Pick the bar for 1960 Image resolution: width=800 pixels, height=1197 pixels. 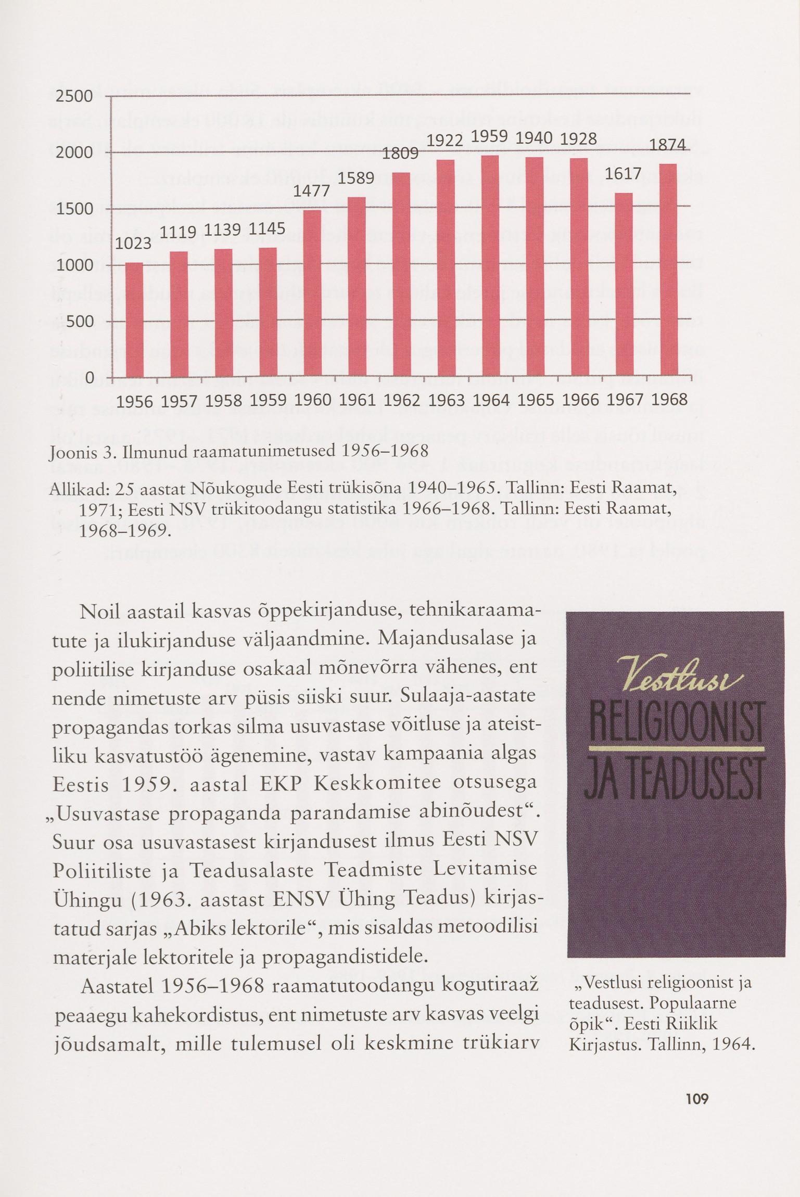312,292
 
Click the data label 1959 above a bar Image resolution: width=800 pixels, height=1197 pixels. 490,136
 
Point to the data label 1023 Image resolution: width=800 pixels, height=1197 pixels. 133,244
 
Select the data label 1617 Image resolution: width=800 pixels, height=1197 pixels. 624,174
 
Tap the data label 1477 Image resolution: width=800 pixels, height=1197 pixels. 312,192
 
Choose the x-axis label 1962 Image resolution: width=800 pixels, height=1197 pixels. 401,401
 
